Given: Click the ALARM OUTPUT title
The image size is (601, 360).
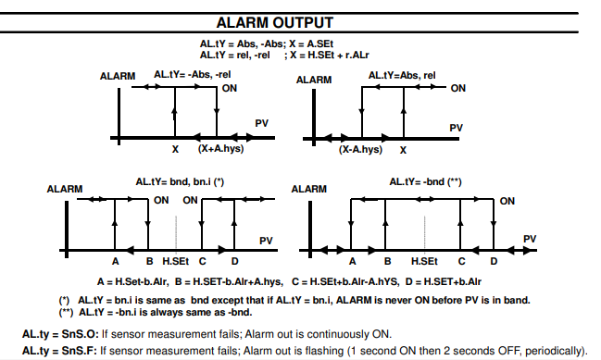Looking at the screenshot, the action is [275, 22].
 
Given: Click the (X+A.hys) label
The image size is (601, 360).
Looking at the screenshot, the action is [220, 148].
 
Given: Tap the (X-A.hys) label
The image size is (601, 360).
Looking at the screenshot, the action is [360, 149].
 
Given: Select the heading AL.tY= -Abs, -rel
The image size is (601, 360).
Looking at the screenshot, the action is [193, 74].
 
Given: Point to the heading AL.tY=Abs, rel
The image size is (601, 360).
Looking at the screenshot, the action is [402, 76].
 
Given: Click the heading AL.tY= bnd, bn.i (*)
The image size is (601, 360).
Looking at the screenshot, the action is [180, 181].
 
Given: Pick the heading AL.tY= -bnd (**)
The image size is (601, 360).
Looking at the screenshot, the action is [425, 181].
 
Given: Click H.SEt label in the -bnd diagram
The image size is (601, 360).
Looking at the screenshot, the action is [424, 261].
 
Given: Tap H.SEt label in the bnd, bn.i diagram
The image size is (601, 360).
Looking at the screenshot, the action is [176, 261].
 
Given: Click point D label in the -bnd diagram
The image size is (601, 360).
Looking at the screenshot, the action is [494, 261].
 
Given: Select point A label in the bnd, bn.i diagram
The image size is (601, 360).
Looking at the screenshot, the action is [116, 261].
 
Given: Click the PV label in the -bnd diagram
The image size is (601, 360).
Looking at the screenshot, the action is [530, 239].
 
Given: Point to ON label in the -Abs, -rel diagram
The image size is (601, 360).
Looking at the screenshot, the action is [230, 88].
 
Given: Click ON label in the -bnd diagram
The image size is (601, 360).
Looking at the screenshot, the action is [507, 201].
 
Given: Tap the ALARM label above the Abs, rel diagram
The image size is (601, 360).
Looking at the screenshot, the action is [314, 80].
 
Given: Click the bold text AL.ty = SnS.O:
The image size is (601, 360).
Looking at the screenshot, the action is [60, 334].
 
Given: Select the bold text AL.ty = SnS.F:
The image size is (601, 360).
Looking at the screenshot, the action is [60, 351].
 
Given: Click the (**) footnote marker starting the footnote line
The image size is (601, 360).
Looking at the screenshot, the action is [66, 312].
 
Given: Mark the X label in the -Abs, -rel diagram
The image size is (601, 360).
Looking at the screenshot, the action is [175, 149].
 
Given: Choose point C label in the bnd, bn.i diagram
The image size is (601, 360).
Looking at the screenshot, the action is [203, 261].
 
